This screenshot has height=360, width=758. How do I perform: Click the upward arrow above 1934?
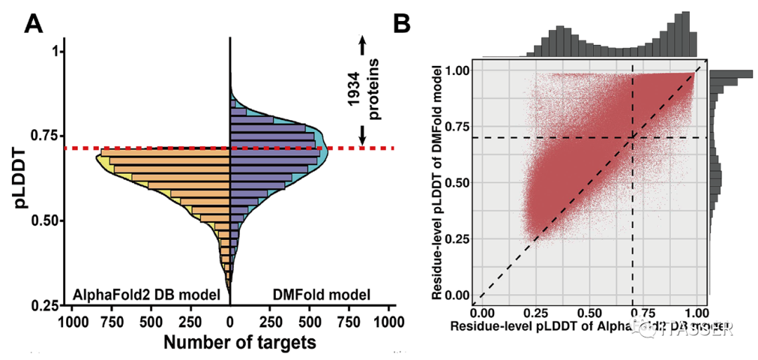[362, 45]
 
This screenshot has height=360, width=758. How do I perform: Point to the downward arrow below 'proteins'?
[362, 134]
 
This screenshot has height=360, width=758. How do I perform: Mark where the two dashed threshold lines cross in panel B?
[633, 138]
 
